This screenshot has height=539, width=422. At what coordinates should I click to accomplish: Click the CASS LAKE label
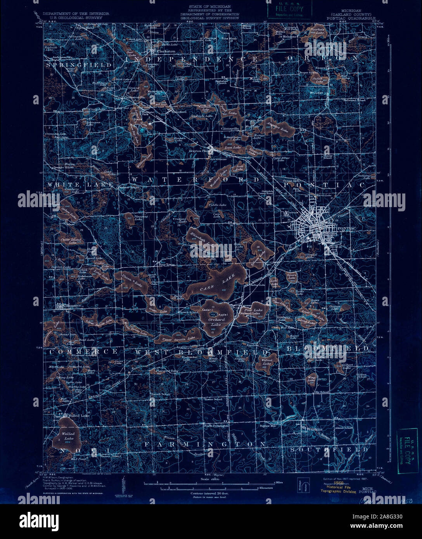click(211, 283)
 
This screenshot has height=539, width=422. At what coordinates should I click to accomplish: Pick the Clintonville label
click(230, 128)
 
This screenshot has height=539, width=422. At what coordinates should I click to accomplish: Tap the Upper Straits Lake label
click(173, 339)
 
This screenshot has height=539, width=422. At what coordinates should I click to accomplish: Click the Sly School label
click(322, 392)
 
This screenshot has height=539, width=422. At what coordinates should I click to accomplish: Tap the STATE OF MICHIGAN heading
click(209, 7)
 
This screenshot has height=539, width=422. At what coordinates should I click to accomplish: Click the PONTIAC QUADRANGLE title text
click(351, 18)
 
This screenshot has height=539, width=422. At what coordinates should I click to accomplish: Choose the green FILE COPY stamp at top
click(289, 9)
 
